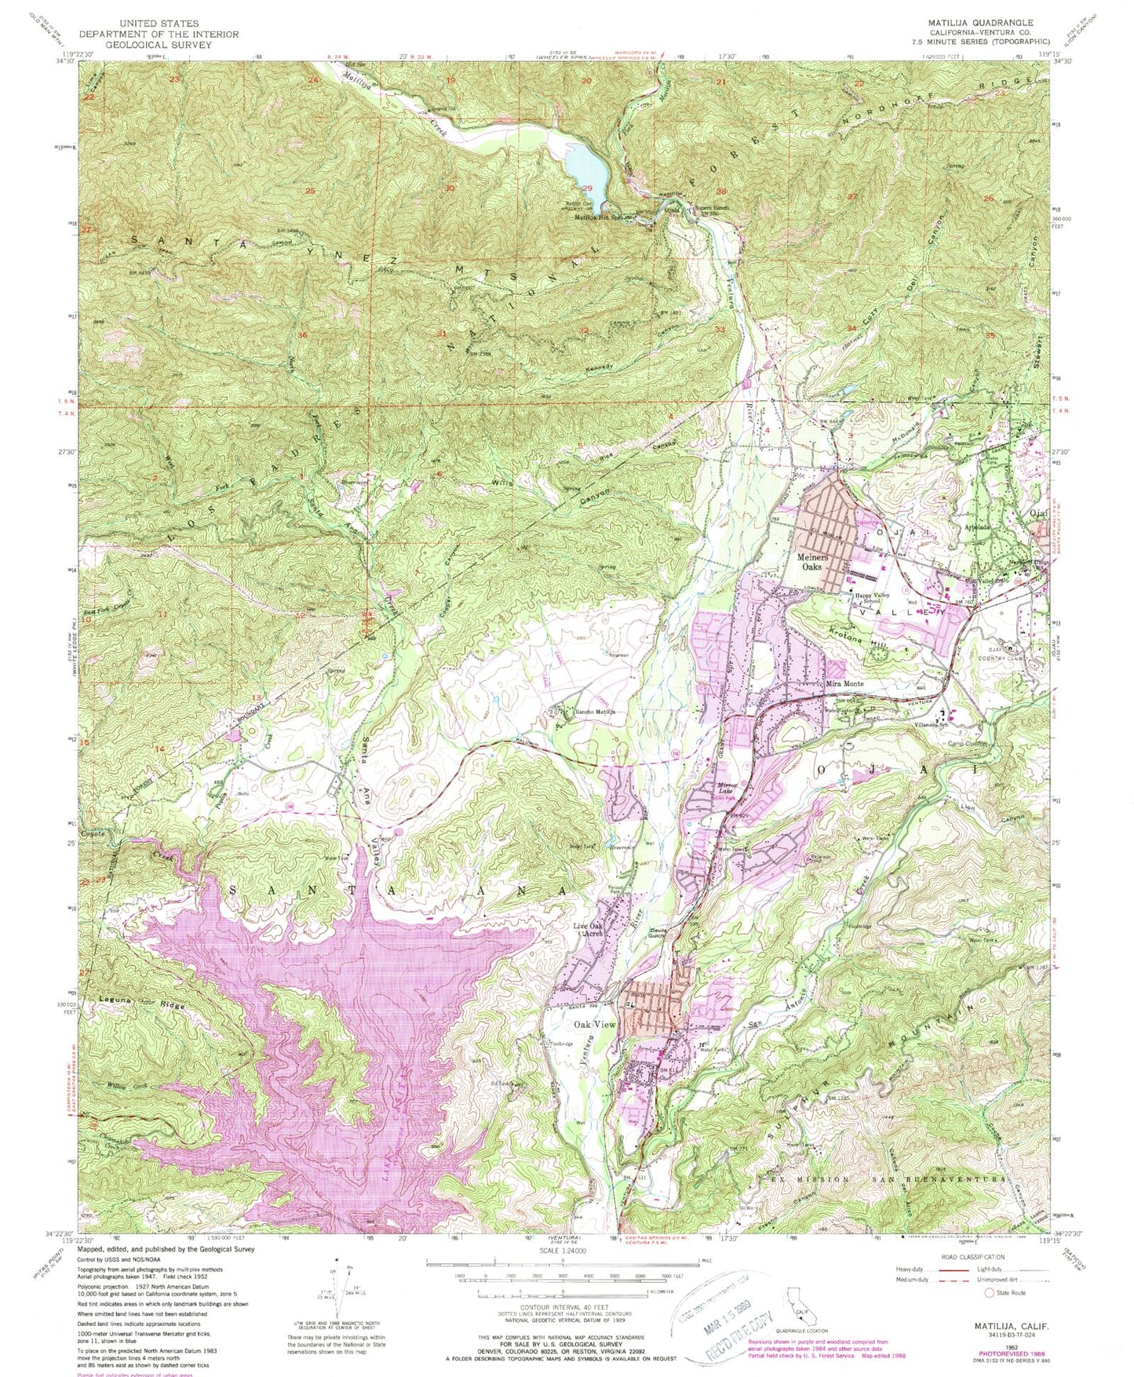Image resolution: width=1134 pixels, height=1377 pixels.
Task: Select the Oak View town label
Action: [596, 1025]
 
